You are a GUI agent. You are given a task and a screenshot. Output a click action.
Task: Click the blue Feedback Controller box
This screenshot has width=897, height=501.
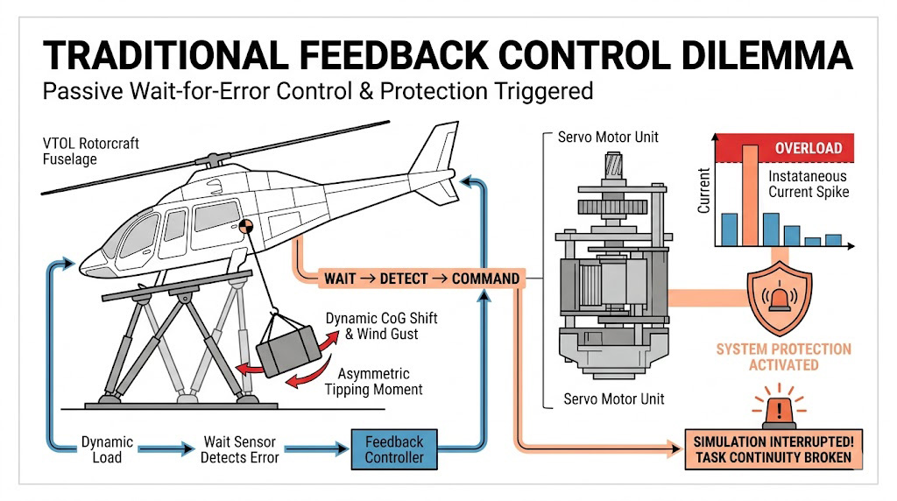click(x=394, y=449)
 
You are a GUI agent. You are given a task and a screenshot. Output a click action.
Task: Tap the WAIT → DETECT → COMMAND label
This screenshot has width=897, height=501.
click(x=421, y=279)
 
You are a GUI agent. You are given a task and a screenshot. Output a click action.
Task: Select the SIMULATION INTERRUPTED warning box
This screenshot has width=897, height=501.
click(x=772, y=449)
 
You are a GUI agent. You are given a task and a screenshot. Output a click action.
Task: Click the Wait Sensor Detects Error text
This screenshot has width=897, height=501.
click(x=241, y=450)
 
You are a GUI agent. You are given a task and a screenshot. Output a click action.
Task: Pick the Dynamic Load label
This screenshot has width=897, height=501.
click(x=107, y=450)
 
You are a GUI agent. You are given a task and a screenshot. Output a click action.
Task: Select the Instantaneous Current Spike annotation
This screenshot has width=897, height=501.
click(x=808, y=184)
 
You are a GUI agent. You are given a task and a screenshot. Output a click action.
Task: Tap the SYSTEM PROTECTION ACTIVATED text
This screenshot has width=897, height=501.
click(x=784, y=356)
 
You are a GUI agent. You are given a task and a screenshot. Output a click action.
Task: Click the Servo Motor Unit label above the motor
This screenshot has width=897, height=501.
click(x=608, y=138)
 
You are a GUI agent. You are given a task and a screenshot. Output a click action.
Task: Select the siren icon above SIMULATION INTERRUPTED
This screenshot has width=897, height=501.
click(x=776, y=409)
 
